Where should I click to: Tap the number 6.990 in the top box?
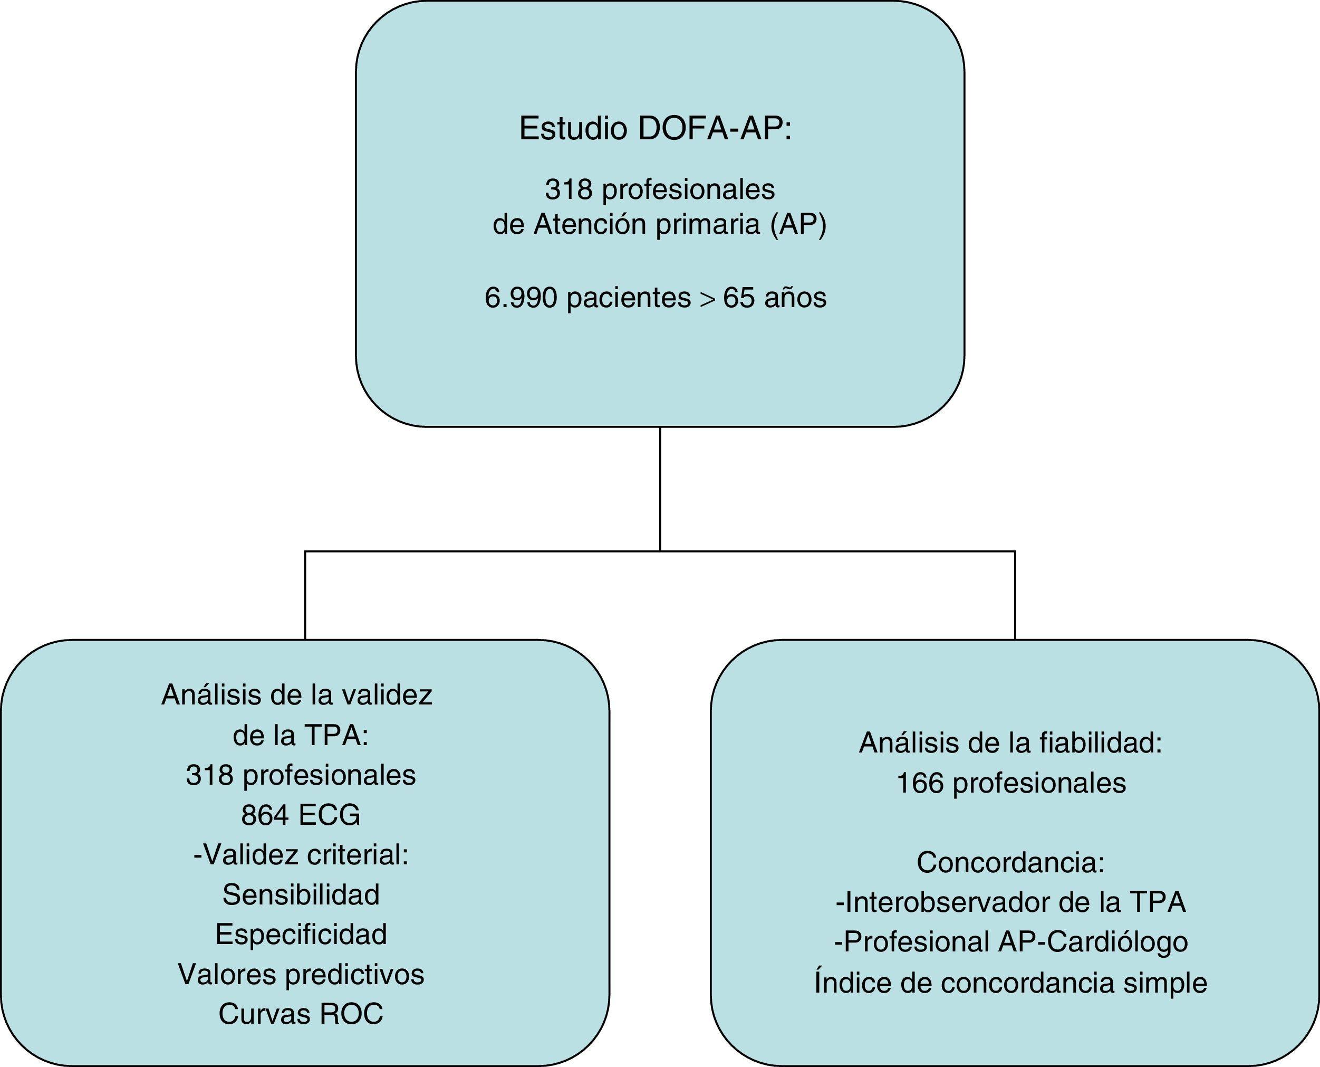tap(521, 298)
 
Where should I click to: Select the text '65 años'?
tap(775, 298)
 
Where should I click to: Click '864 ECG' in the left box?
tap(301, 815)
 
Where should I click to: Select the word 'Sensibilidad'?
tap(301, 895)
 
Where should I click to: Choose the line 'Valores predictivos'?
tap(301, 974)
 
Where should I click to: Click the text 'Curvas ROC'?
tap(301, 1014)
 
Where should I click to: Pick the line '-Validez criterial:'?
tap(301, 855)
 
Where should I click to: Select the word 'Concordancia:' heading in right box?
tap(1010, 862)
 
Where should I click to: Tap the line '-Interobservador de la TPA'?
tap(1010, 902)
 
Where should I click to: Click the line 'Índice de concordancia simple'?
tap(1010, 982)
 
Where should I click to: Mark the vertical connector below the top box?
tap(660, 489)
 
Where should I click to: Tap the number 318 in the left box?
tap(209, 776)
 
